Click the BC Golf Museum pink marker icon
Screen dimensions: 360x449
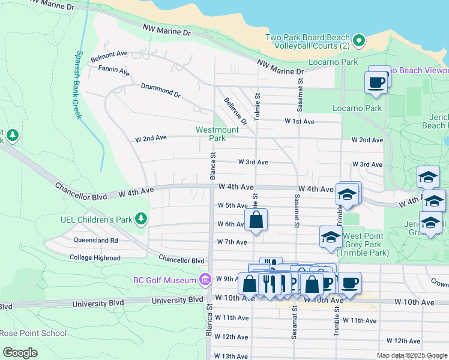[x=205, y=280]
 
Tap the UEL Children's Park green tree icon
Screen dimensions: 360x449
[x=141, y=218]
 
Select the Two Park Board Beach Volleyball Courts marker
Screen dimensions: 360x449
[x=359, y=41]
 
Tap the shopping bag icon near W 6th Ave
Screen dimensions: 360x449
[x=256, y=220]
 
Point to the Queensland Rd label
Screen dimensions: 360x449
[x=96, y=240]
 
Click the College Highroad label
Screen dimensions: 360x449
[x=95, y=257]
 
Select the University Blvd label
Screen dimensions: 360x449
[x=178, y=299]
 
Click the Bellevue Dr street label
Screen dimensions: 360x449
[x=235, y=110]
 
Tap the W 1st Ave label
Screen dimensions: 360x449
[x=300, y=121]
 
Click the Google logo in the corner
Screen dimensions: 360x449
[x=20, y=352]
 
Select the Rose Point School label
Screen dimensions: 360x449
[x=33, y=333]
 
